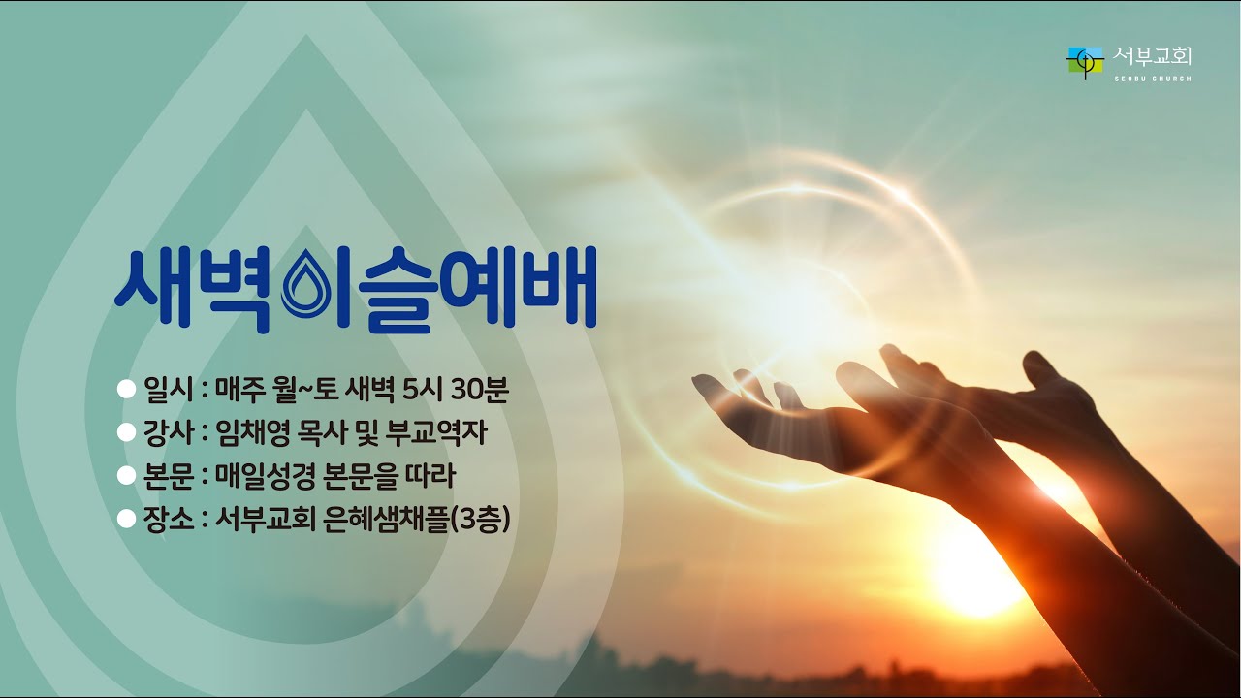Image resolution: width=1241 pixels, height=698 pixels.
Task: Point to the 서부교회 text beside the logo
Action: point(1153,57)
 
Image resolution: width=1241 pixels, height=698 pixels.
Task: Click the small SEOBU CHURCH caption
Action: point(1153,79)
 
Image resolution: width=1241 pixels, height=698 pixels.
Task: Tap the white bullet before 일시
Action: point(124,390)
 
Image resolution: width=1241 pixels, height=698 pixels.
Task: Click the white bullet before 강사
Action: point(124,433)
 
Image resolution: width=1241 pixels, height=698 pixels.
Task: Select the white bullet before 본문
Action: point(124,476)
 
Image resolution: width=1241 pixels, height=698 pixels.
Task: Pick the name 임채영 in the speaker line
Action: point(252,433)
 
